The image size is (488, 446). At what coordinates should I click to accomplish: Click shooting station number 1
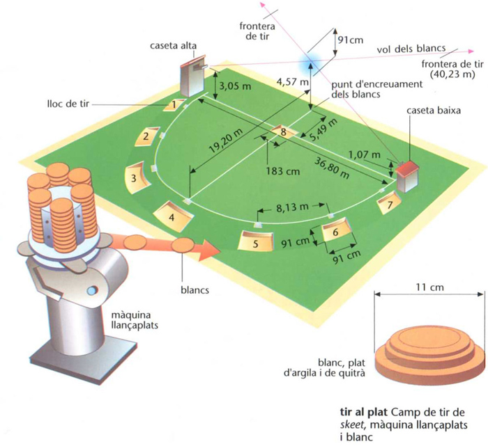pyautogui.click(x=174, y=105)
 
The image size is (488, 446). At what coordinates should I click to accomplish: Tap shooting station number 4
pyautogui.click(x=171, y=216)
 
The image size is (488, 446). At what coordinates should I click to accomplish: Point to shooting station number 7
pyautogui.click(x=389, y=204)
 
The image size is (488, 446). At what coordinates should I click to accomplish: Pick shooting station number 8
pyautogui.click(x=283, y=131)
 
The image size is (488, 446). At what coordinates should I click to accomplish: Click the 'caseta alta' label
pyautogui.click(x=173, y=46)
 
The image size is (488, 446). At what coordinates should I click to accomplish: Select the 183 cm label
pyautogui.click(x=282, y=169)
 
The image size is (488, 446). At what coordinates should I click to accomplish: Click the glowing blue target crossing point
pyautogui.click(x=307, y=62)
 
